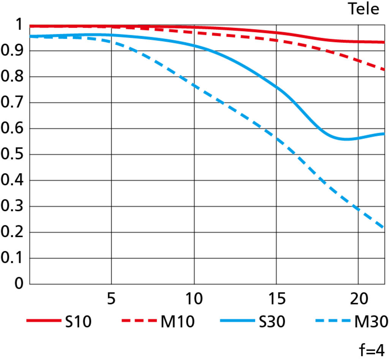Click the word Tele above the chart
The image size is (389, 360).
(x=364, y=9)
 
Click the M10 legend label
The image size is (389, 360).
(x=177, y=322)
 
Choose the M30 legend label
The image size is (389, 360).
(x=371, y=322)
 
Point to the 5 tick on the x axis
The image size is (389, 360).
(x=111, y=300)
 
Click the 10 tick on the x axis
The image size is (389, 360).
(x=194, y=300)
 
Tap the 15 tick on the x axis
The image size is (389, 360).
(x=277, y=300)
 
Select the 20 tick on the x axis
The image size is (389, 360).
(x=359, y=300)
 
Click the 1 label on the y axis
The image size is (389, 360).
(x=18, y=25)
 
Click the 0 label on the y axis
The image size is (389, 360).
(x=18, y=284)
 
